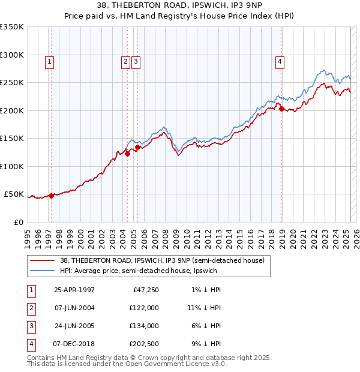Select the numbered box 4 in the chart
pyautogui.click(x=280, y=61)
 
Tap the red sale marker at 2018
pyautogui.click(x=281, y=109)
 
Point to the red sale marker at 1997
pyautogui.click(x=51, y=196)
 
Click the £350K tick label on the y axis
pyautogui.click(x=12, y=27)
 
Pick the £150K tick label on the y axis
pyautogui.click(x=12, y=139)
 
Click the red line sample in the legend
pyautogui.click(x=43, y=260)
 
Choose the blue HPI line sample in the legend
pyautogui.click(x=43, y=271)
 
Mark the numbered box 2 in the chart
pyautogui.click(x=125, y=61)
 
